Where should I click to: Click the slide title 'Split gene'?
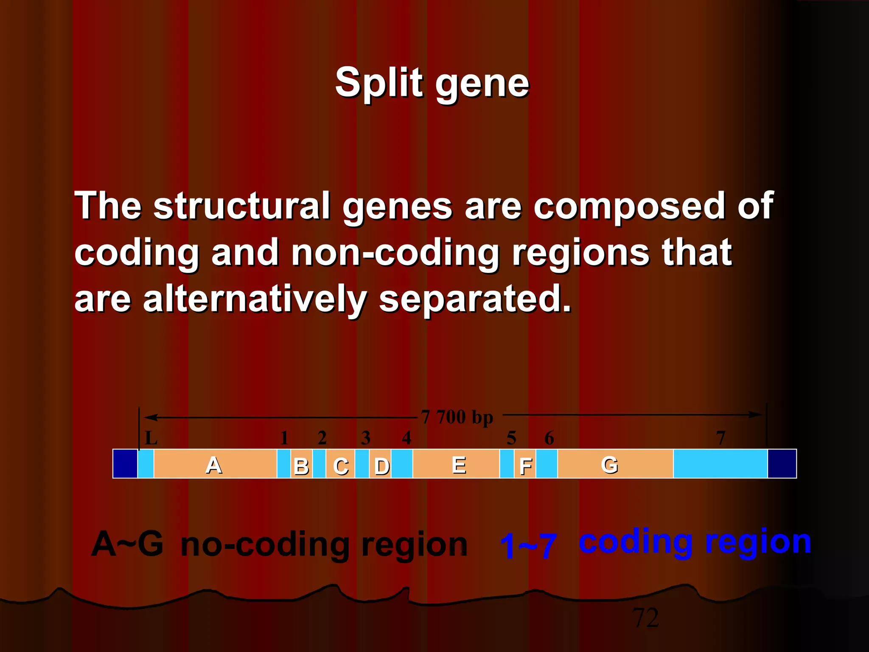(x=432, y=83)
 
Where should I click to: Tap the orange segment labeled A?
(x=215, y=464)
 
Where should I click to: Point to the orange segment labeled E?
(x=456, y=464)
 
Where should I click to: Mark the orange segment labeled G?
(x=615, y=464)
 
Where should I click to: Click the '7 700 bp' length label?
(x=457, y=417)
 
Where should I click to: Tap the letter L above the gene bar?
(x=151, y=438)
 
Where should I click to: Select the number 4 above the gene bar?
(x=406, y=438)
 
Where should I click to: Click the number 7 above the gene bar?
(x=720, y=438)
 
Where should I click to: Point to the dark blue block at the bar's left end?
(x=125, y=464)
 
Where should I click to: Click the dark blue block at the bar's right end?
(x=782, y=464)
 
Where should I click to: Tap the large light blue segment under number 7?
(x=720, y=464)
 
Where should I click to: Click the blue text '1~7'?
(x=528, y=545)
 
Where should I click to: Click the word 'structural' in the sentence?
(x=242, y=206)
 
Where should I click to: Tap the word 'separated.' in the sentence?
(x=475, y=299)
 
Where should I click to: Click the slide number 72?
(x=645, y=618)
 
